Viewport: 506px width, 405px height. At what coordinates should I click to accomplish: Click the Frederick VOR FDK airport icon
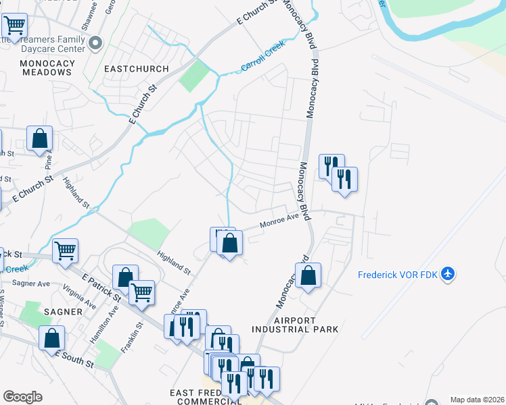click(x=447, y=275)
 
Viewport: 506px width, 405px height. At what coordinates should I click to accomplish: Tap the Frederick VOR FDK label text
click(x=398, y=275)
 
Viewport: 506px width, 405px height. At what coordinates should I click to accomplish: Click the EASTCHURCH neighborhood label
click(x=131, y=68)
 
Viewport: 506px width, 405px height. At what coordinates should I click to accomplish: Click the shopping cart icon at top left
click(x=14, y=26)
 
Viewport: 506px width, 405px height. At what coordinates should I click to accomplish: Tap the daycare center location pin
click(x=95, y=43)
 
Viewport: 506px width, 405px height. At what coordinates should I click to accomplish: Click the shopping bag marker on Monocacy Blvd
click(x=308, y=275)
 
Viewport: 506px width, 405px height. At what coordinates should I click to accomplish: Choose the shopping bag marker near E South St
click(x=51, y=337)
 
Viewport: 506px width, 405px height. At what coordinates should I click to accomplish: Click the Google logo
click(x=22, y=397)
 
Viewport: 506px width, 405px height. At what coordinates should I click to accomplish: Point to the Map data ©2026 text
click(x=477, y=400)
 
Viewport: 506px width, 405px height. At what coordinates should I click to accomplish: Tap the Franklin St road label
click(x=137, y=338)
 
